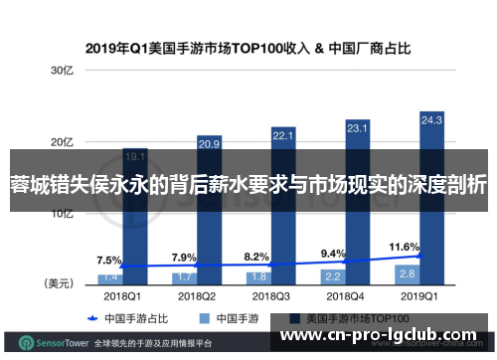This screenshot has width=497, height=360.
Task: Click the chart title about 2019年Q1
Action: pyautogui.click(x=248, y=46)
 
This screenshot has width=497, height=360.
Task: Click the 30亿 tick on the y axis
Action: pyautogui.click(x=63, y=71)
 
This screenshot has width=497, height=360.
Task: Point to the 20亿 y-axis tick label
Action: pyautogui.click(x=63, y=142)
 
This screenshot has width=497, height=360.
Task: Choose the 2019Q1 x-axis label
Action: pyautogui.click(x=407, y=295)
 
